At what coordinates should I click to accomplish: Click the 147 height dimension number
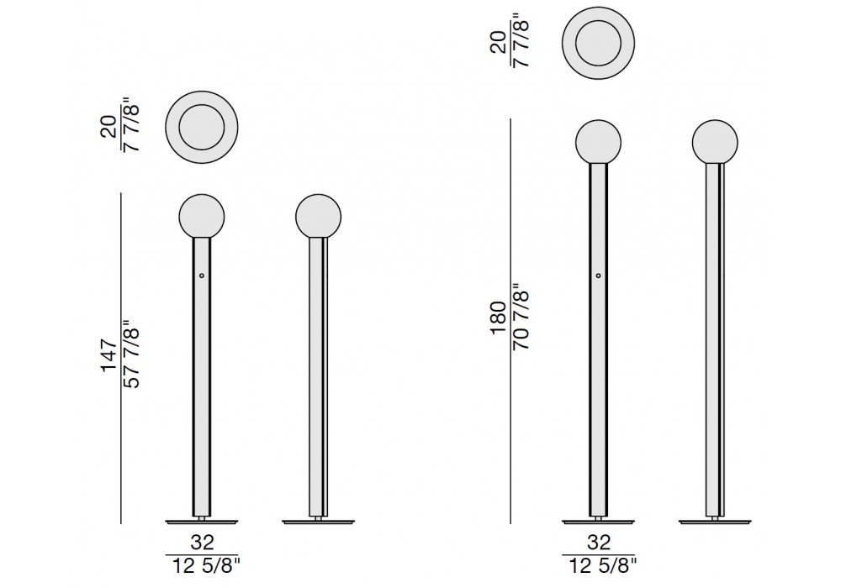(x=108, y=354)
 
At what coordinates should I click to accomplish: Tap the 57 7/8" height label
(x=131, y=354)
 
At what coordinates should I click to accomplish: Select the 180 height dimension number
(x=498, y=318)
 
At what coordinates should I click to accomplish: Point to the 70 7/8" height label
(x=521, y=318)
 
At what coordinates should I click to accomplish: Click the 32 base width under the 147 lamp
(x=202, y=543)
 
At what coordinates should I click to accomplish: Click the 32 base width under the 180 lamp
(x=599, y=543)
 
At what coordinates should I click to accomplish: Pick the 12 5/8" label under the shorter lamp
(x=206, y=565)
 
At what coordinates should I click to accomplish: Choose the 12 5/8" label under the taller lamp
(x=602, y=565)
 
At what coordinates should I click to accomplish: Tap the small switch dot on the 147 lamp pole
(x=202, y=276)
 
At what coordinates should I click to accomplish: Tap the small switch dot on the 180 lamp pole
(x=599, y=276)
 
